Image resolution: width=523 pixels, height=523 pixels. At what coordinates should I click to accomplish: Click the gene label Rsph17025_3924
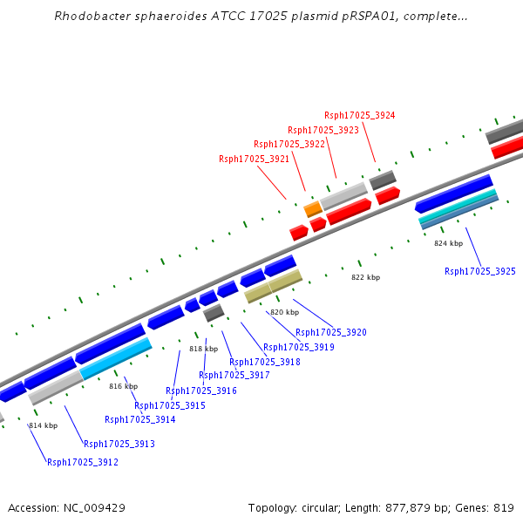[x=359, y=115]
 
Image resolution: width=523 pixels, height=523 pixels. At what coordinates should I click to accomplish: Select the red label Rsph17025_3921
[x=254, y=159]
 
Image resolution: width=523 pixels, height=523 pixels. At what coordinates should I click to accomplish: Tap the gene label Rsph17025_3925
[x=480, y=271]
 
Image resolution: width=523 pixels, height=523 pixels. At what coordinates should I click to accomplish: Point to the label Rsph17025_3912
[x=83, y=462]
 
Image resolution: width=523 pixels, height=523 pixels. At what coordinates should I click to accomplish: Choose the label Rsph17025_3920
[x=331, y=332]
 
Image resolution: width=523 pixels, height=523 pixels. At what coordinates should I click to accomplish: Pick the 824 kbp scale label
[x=448, y=243]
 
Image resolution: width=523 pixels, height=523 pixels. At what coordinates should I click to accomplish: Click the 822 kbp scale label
[x=365, y=277]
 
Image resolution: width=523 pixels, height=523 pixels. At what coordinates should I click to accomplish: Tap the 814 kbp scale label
[x=43, y=425]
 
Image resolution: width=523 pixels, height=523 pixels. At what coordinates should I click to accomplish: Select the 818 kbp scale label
[x=203, y=349]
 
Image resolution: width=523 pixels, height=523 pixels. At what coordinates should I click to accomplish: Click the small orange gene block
[x=313, y=209]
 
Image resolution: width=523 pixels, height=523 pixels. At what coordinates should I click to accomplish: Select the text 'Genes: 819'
[x=488, y=507]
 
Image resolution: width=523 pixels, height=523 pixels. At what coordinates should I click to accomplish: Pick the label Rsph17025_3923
[x=323, y=130]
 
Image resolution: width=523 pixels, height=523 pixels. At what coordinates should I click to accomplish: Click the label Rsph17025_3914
[x=140, y=419]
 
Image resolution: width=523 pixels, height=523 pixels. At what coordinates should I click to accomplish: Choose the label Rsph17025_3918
[x=265, y=362]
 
